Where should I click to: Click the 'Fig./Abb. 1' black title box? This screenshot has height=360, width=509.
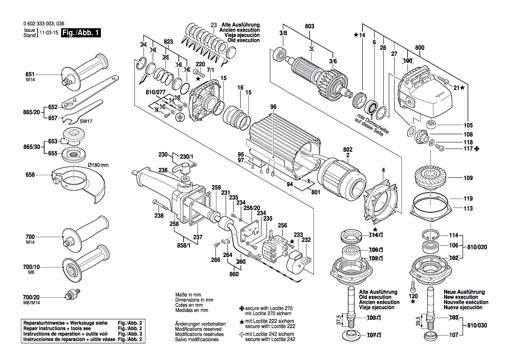[81, 33]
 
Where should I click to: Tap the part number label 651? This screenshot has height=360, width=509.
[30, 75]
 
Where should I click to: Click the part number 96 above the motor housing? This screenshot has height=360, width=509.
[273, 107]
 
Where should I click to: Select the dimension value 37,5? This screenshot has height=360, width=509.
[339, 320]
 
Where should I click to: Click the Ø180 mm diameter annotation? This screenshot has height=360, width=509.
[98, 165]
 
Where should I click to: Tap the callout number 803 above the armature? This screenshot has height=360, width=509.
[309, 26]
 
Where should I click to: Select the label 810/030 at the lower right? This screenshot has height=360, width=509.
[477, 325]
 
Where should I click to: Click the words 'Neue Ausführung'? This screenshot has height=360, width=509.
[464, 292]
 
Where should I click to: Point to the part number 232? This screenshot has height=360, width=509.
[306, 240]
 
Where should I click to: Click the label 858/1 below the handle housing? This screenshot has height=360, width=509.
[183, 246]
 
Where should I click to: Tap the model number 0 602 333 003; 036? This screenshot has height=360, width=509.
[44, 24]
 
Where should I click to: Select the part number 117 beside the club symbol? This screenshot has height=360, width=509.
[468, 149]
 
